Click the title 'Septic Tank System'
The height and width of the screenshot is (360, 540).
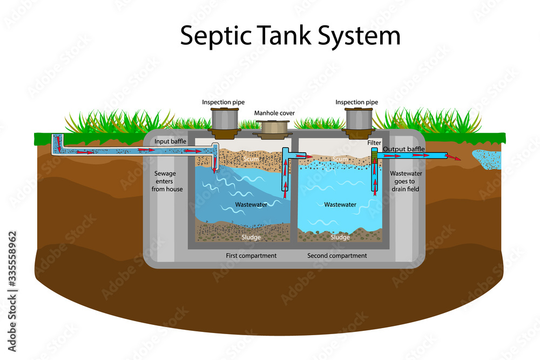click(290, 36)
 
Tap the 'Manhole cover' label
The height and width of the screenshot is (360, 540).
click(275, 113)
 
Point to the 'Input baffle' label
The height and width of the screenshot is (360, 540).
click(170, 141)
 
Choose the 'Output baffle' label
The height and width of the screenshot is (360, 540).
click(403, 149)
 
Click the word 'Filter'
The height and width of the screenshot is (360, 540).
click(375, 143)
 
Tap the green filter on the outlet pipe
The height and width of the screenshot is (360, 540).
click(373, 156)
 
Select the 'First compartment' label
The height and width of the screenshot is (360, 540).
click(251, 255)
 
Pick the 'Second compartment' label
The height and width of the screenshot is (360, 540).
click(337, 255)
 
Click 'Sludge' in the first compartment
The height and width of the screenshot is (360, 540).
click(251, 237)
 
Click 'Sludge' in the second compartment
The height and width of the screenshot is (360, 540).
click(340, 237)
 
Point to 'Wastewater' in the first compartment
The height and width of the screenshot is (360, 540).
click(251, 205)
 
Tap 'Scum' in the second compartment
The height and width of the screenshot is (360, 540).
click(340, 159)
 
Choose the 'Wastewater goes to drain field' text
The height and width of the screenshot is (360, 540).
click(406, 181)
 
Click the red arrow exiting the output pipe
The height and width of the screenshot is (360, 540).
click(455, 158)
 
